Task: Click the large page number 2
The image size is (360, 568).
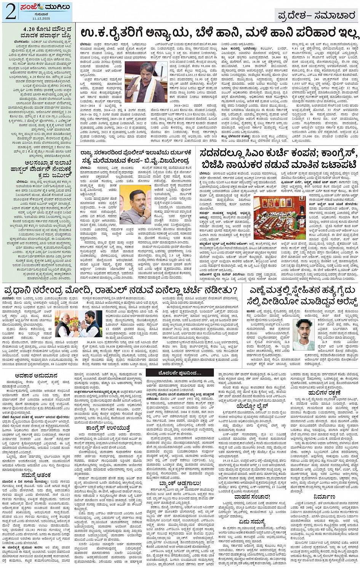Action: tap(11, 12)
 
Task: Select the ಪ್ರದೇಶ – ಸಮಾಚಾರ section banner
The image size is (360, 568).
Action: tap(316, 16)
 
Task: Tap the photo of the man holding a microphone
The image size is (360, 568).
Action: tap(135, 204)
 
